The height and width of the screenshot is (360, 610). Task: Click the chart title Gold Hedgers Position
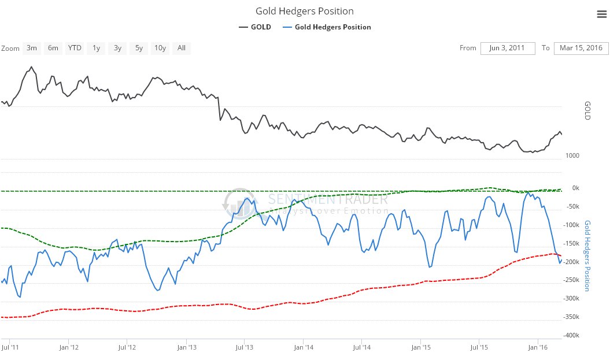[304, 12]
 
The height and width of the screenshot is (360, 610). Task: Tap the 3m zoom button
[32, 48]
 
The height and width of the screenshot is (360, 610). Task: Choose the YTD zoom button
[75, 48]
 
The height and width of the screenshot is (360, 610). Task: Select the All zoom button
[181, 48]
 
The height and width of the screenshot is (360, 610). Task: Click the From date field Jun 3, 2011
[507, 48]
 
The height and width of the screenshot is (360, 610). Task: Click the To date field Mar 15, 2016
[581, 48]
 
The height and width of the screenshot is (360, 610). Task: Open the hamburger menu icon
[601, 14]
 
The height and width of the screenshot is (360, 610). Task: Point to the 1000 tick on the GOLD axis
[572, 155]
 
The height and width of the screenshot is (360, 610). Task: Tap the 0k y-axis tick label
[575, 188]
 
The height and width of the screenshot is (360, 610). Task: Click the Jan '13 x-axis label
[186, 347]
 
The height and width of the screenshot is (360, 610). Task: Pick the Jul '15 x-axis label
[478, 347]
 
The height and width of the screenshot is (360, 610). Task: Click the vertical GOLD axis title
[587, 110]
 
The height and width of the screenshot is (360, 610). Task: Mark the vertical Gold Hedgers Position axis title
[587, 255]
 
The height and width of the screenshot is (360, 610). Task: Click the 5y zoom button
[139, 48]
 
